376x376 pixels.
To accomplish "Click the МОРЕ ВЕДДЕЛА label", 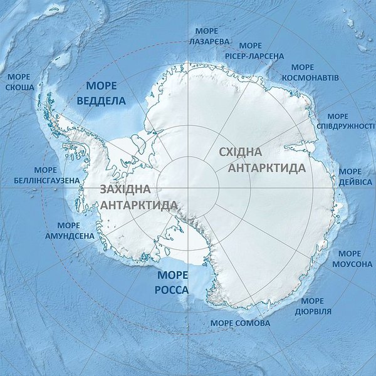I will coord(101,93).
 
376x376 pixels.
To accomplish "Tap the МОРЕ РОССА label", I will coord(172,283).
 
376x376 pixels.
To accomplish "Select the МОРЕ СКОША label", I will coord(20,82).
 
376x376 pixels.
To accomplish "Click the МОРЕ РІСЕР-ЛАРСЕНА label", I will coord(251,50).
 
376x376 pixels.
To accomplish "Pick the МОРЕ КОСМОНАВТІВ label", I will coord(303,72).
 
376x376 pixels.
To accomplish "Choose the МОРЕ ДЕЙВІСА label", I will coord(350,176).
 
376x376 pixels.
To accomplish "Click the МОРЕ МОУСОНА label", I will coord(350,259).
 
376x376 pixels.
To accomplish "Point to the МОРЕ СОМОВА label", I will coord(241,323).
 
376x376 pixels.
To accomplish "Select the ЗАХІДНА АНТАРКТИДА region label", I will coord(138,197).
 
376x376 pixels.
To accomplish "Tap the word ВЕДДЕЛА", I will coord(101,100).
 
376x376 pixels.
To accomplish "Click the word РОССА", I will coord(172,290).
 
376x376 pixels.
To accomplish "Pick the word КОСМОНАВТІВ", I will coord(303,77).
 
